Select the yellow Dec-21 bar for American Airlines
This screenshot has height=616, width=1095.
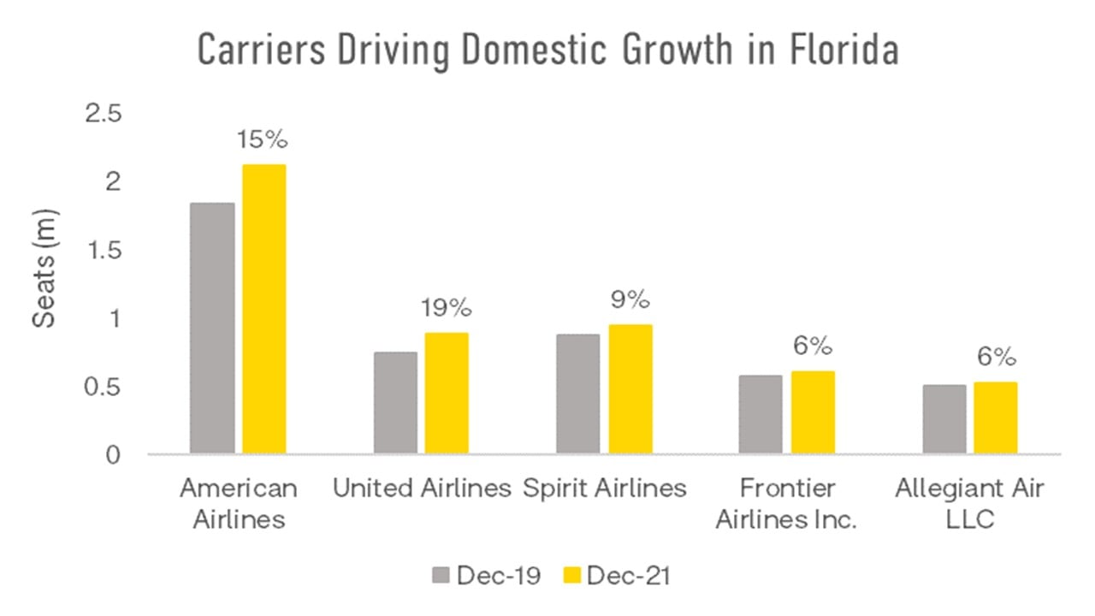[x=264, y=309]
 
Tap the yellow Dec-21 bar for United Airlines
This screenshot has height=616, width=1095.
[x=447, y=393]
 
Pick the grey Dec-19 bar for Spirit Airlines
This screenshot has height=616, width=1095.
[x=577, y=394]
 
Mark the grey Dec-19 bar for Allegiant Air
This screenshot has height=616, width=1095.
[x=944, y=418]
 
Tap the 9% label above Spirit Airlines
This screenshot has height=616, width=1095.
[x=630, y=301]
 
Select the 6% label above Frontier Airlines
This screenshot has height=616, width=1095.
[x=812, y=346]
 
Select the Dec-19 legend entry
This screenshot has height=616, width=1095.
[x=485, y=576]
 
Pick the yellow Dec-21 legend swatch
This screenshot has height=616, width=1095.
[x=571, y=576]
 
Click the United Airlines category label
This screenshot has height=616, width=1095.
[x=422, y=489]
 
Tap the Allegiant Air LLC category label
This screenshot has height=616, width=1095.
[x=969, y=503]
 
